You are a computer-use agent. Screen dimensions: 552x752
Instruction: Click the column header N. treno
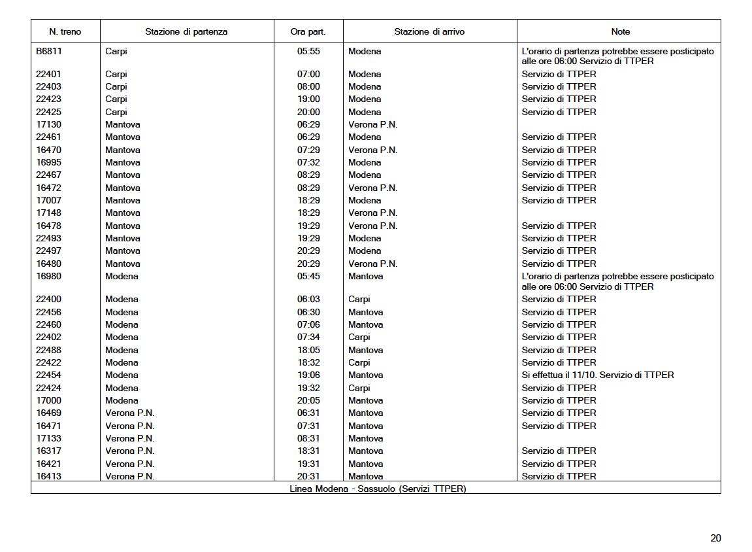(x=65, y=31)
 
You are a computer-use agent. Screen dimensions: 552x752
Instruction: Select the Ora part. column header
(x=308, y=31)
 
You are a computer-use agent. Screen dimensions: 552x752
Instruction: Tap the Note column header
(x=620, y=31)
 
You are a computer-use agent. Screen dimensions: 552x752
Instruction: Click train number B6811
(x=49, y=51)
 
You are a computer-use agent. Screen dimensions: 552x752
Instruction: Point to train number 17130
(x=48, y=124)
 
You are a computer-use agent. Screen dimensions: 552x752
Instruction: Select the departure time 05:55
(x=308, y=51)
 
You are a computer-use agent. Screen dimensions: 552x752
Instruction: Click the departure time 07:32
(x=308, y=162)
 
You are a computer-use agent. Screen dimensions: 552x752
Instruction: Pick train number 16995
(x=48, y=162)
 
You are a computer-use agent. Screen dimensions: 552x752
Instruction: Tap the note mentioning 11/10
(x=597, y=375)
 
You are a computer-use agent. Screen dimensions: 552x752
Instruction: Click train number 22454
(x=48, y=375)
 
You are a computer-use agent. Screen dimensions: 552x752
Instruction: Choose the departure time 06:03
(x=308, y=299)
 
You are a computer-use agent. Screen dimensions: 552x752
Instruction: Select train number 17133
(x=48, y=438)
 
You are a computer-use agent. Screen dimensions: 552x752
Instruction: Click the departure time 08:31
(x=308, y=438)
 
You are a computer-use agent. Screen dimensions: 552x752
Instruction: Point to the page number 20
(x=715, y=538)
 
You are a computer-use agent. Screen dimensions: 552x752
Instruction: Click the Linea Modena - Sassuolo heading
(x=378, y=489)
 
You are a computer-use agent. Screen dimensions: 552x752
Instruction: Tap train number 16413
(x=48, y=476)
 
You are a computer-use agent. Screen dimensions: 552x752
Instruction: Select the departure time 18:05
(x=308, y=350)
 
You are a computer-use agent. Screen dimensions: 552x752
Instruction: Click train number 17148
(x=48, y=213)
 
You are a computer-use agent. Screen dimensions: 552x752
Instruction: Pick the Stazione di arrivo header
(x=429, y=31)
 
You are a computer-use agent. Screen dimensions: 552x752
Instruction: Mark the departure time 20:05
(x=308, y=400)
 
